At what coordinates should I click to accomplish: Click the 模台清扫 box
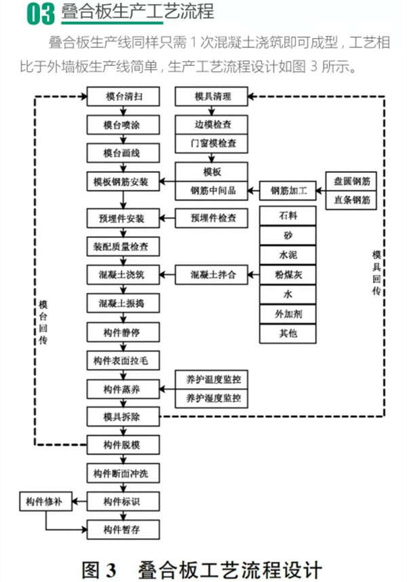122,97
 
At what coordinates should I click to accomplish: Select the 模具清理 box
212,97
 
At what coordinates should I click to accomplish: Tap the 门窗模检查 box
212,144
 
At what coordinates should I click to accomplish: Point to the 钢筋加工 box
289,191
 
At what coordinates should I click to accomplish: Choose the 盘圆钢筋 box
351,181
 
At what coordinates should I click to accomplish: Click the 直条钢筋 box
351,200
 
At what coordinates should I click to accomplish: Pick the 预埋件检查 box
212,218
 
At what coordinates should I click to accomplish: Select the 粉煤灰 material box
288,275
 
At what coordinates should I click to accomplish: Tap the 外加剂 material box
288,314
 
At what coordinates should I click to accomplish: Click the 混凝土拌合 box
212,275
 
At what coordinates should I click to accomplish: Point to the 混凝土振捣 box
122,303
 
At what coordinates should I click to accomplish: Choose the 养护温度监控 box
212,379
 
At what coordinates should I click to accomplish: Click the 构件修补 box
44,502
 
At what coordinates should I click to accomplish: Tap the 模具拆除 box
122,415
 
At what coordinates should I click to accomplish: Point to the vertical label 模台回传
44,319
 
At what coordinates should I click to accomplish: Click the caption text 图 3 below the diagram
100,568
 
